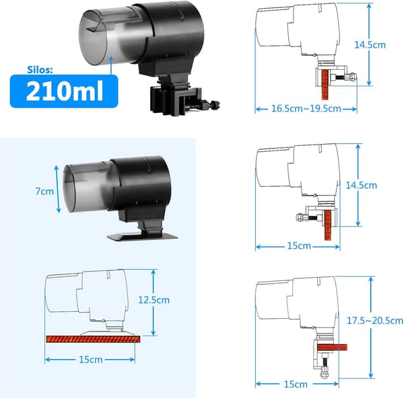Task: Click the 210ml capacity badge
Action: point(64,91)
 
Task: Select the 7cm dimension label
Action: point(44,192)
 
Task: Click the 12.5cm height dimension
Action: point(154,300)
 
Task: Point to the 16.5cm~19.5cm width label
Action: point(306,108)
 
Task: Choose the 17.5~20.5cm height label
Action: point(375,321)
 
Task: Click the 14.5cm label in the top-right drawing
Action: point(370,45)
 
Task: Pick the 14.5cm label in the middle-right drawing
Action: point(361,186)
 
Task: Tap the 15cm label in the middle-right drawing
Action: point(299,245)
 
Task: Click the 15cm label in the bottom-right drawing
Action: point(296,385)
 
